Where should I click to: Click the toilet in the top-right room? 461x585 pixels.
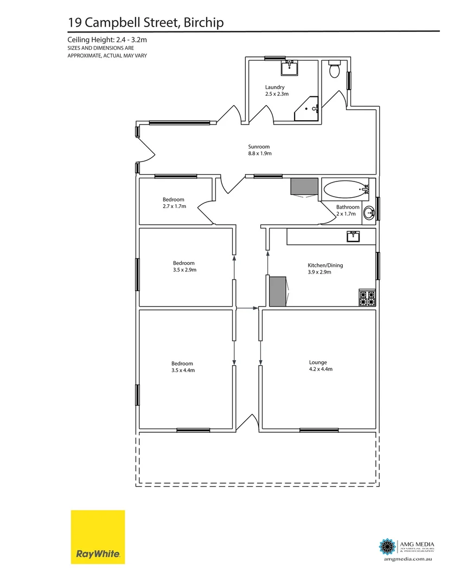(335, 69)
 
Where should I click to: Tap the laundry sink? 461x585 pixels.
(289, 68)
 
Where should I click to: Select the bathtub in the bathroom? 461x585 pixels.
(345, 190)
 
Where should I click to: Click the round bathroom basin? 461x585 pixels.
(369, 212)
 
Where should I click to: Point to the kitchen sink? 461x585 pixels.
(354, 236)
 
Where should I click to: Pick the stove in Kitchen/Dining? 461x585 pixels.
(367, 298)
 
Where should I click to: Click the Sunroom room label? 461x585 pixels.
(259, 147)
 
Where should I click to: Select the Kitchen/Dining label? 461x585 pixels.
(325, 265)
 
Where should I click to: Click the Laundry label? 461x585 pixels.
(274, 87)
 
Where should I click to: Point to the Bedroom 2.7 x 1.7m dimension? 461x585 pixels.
(174, 206)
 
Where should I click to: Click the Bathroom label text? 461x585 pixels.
(348, 207)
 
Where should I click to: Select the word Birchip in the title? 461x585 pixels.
(204, 22)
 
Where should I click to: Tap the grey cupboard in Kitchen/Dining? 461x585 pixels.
(277, 291)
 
